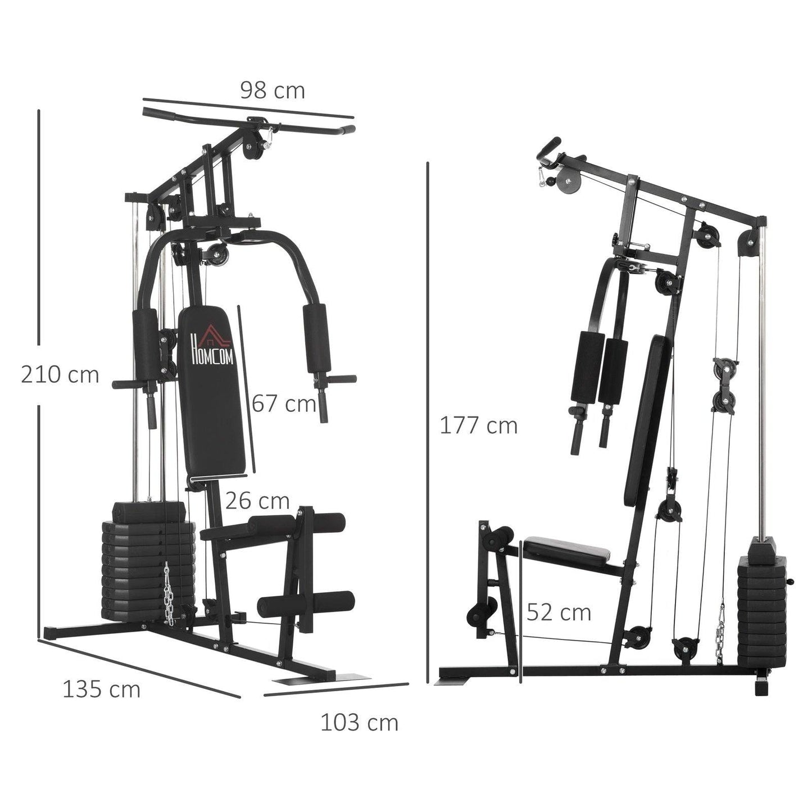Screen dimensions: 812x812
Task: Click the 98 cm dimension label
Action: point(273,90)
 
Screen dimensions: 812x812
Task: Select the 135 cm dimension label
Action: point(101,689)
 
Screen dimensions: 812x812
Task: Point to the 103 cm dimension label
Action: point(359,723)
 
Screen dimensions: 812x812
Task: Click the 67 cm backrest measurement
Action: point(284,403)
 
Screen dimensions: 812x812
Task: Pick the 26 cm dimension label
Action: point(257,500)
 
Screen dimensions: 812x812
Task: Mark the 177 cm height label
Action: point(478,426)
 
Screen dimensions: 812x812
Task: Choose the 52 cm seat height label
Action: point(559,613)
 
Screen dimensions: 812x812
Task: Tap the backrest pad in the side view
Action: point(646,421)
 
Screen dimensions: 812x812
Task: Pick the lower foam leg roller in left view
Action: point(306,604)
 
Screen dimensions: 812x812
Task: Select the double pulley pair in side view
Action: point(723,385)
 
